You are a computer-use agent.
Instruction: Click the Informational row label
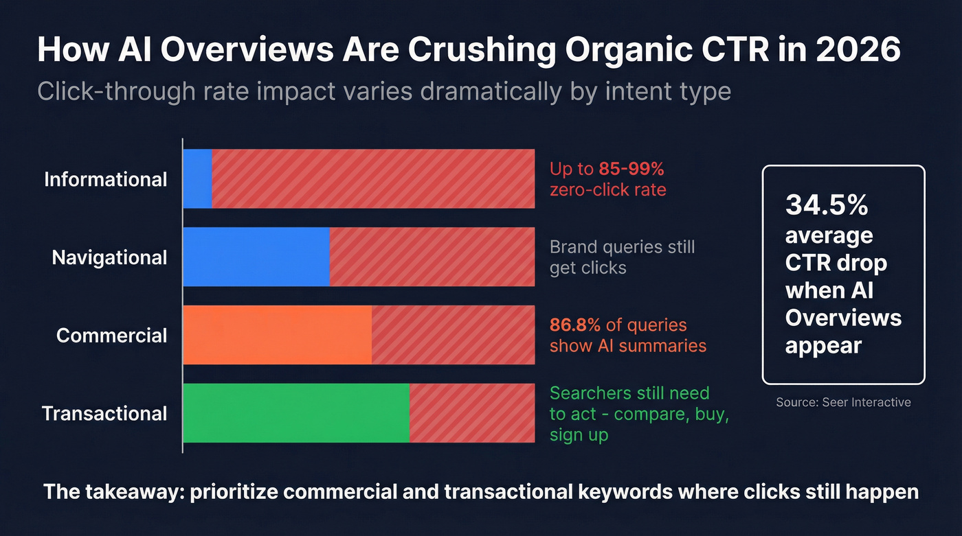[x=106, y=180]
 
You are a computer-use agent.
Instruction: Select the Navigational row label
[x=110, y=258]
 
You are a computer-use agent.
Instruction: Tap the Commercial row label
[x=112, y=336]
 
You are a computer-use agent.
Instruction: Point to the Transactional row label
[x=105, y=414]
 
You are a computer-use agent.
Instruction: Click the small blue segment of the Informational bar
[x=198, y=179]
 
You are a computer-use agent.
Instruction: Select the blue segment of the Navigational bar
[x=256, y=257]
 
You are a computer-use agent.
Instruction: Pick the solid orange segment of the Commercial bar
[x=278, y=335]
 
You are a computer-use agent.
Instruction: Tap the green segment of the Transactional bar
[x=296, y=413]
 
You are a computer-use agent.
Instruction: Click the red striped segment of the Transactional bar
[x=472, y=413]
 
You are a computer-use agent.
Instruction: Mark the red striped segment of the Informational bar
[x=373, y=179]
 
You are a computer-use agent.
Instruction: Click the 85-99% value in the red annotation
[x=631, y=170]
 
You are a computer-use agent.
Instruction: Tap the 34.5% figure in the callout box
[x=827, y=205]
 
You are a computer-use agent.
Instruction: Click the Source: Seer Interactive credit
[x=843, y=402]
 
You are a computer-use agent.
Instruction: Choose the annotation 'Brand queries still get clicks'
[x=622, y=257]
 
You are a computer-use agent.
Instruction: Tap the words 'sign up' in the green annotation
[x=579, y=435]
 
